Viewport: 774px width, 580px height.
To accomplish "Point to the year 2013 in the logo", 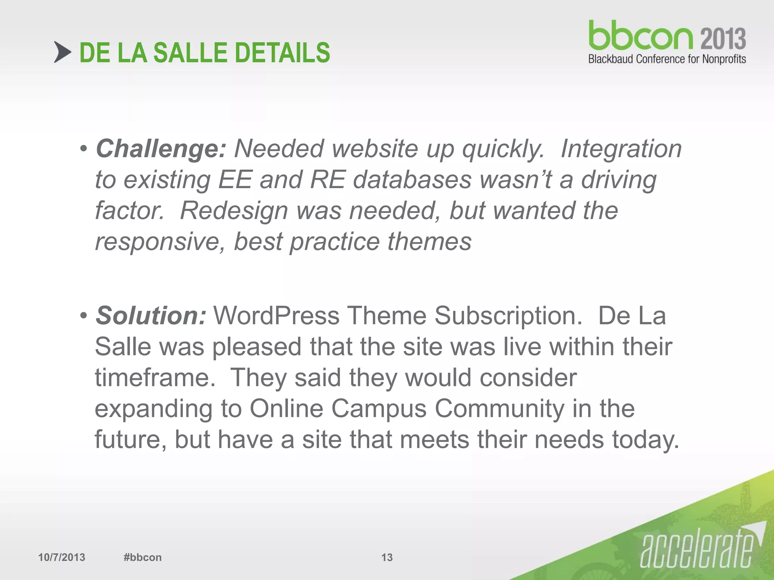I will coord(723,39).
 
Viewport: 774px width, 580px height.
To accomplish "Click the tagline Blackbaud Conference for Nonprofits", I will coord(667,59).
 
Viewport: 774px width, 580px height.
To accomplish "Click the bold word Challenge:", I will coord(161,149).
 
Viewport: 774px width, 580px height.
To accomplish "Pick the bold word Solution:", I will coord(151,316).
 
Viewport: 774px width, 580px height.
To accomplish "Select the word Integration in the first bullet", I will coord(621,149).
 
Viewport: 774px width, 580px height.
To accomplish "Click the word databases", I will coord(412,180).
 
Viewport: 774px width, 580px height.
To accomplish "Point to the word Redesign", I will coord(234,211).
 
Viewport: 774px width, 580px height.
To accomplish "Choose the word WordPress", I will coord(276,316).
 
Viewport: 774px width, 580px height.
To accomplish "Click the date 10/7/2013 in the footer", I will coord(62,557).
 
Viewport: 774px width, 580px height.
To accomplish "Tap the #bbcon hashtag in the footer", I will coord(142,557).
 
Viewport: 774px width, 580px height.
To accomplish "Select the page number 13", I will coord(387,557).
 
